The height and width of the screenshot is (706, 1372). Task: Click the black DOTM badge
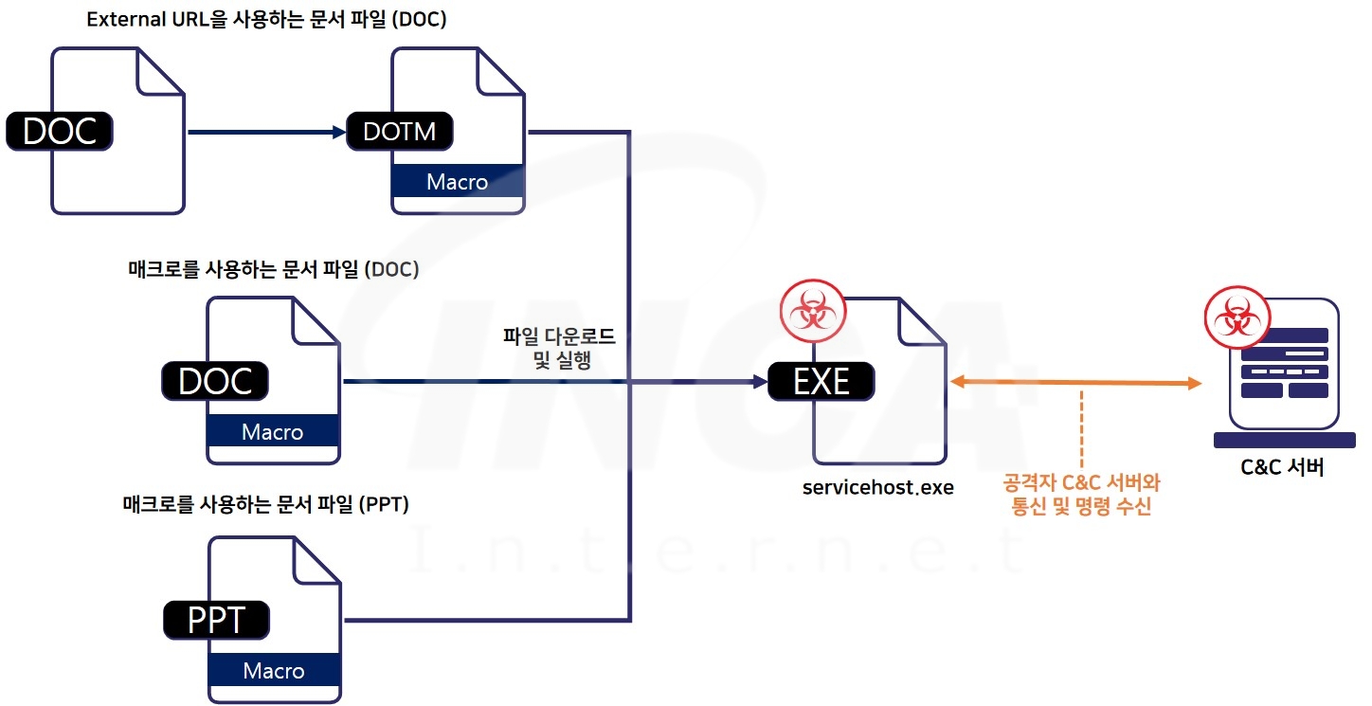[x=400, y=131]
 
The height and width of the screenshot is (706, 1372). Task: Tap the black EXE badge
[x=821, y=381]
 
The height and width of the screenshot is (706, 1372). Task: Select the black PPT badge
[x=216, y=620]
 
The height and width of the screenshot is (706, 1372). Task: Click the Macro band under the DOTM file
[x=458, y=181]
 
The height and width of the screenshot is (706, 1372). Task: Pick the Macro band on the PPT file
[x=274, y=671]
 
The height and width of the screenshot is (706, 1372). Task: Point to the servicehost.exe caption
[x=877, y=488]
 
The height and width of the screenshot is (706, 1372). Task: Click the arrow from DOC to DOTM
[x=265, y=132]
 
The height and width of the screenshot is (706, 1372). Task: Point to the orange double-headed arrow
[x=1075, y=382]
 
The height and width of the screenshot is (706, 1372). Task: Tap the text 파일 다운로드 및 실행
[x=559, y=348]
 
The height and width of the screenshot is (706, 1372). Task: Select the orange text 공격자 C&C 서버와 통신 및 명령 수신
[x=1081, y=495]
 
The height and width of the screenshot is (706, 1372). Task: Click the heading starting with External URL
[x=266, y=20]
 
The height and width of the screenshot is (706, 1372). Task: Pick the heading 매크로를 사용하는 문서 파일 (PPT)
[x=265, y=504]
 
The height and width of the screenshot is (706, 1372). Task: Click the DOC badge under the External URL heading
[x=60, y=131]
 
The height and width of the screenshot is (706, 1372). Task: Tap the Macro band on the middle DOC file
[x=273, y=432]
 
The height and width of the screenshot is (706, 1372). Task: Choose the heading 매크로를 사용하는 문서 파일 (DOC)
[x=273, y=270]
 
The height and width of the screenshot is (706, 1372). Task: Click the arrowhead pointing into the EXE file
[x=757, y=382]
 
